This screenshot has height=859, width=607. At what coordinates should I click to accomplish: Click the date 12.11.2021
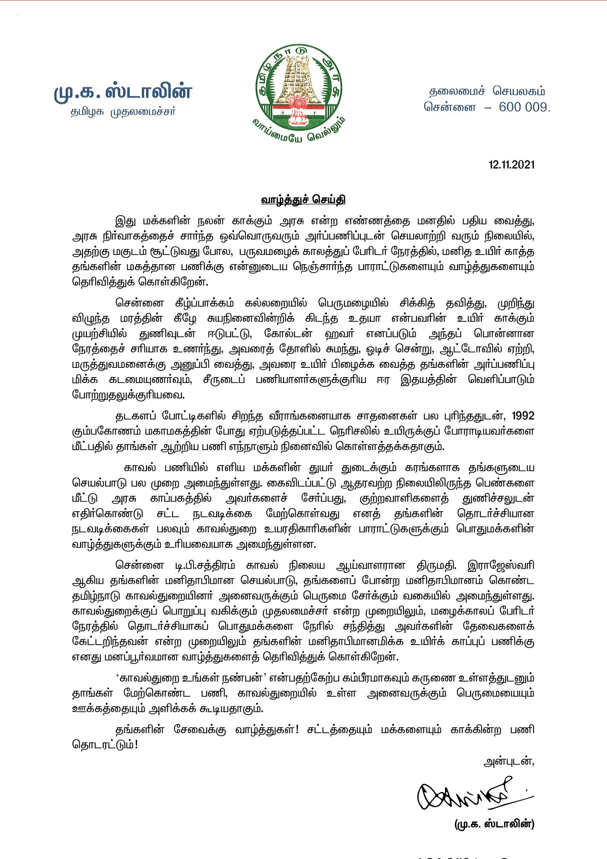(x=511, y=164)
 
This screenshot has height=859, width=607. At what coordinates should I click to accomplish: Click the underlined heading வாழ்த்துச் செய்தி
(x=303, y=199)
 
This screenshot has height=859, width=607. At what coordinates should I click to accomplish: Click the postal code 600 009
(x=524, y=107)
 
